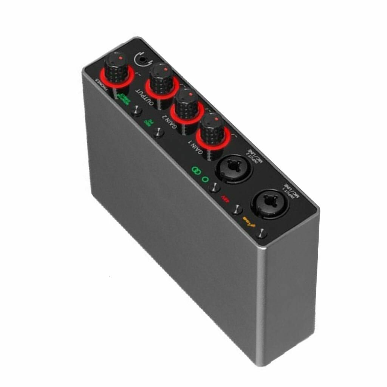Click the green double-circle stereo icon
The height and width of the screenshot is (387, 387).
[196, 171]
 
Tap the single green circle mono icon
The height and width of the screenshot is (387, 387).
[205, 178]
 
